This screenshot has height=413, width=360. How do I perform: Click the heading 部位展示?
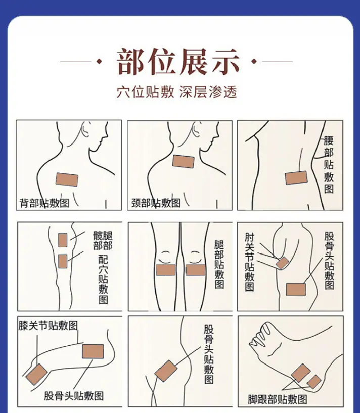click(178, 62)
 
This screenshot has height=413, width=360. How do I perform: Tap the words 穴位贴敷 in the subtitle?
click(145, 92)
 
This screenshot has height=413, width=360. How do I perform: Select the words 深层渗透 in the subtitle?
click(208, 92)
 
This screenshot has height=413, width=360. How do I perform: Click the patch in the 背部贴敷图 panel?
click(67, 179)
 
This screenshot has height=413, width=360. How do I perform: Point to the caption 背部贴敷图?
click(44, 203)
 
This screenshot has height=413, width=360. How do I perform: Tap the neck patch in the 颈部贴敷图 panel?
click(184, 161)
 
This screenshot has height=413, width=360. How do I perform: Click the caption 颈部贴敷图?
click(156, 203)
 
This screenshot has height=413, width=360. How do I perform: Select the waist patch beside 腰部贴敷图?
click(296, 178)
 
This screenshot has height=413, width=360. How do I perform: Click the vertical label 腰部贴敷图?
click(329, 165)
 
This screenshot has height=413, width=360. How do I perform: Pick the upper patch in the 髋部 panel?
click(63, 240)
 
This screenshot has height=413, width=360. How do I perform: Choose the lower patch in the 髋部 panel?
click(63, 261)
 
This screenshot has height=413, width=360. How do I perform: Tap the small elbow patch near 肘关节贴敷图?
click(283, 263)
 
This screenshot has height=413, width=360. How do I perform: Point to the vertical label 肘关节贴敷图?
click(250, 262)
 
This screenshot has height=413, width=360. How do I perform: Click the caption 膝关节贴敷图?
click(48, 326)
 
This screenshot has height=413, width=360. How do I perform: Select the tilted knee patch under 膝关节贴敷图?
click(36, 374)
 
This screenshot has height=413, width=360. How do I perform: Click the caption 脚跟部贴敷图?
click(277, 399)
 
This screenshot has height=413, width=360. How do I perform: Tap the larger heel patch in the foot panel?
click(301, 373)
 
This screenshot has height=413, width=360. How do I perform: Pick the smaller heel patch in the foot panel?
click(314, 382)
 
